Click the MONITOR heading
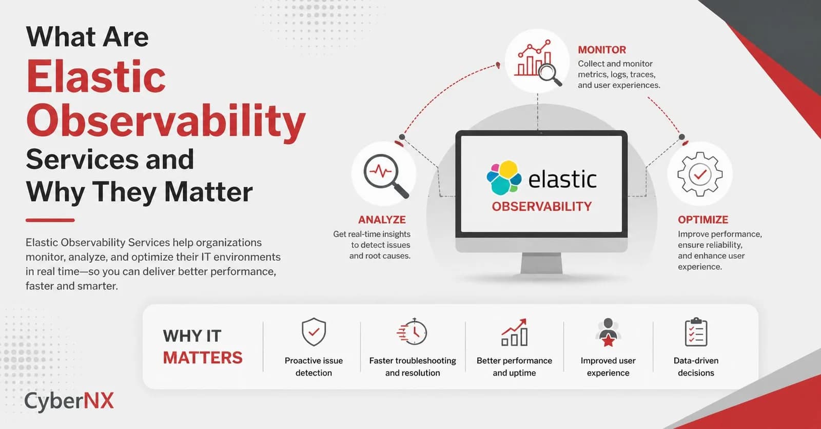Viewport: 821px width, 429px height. pyautogui.click(x=602, y=50)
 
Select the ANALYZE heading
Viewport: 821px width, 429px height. pyautogui.click(x=382, y=220)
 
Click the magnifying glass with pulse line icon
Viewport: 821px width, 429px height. pyautogui.click(x=384, y=174)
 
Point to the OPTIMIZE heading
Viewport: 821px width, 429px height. pyautogui.click(x=703, y=220)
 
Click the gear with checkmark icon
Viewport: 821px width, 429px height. pyautogui.click(x=699, y=174)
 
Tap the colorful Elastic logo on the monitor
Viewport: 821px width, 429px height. pyautogui.click(x=503, y=178)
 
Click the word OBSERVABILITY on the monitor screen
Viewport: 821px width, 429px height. pyautogui.click(x=541, y=206)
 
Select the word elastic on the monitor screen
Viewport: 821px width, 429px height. pyautogui.click(x=562, y=180)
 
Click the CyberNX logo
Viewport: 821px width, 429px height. pyautogui.click(x=69, y=401)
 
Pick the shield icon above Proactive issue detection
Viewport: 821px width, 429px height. pyautogui.click(x=314, y=331)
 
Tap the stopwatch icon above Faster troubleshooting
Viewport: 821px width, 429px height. pyautogui.click(x=413, y=331)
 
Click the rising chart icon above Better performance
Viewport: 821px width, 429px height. pyautogui.click(x=514, y=333)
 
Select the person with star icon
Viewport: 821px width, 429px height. pyautogui.click(x=608, y=333)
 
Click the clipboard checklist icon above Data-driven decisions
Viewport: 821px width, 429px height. pyautogui.click(x=696, y=332)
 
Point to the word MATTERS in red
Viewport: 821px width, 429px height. pyautogui.click(x=203, y=358)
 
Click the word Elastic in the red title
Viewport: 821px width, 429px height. pyautogui.click(x=96, y=76)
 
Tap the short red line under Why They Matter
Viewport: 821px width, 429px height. pyautogui.click(x=50, y=220)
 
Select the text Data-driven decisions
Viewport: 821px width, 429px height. pyautogui.click(x=696, y=366)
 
